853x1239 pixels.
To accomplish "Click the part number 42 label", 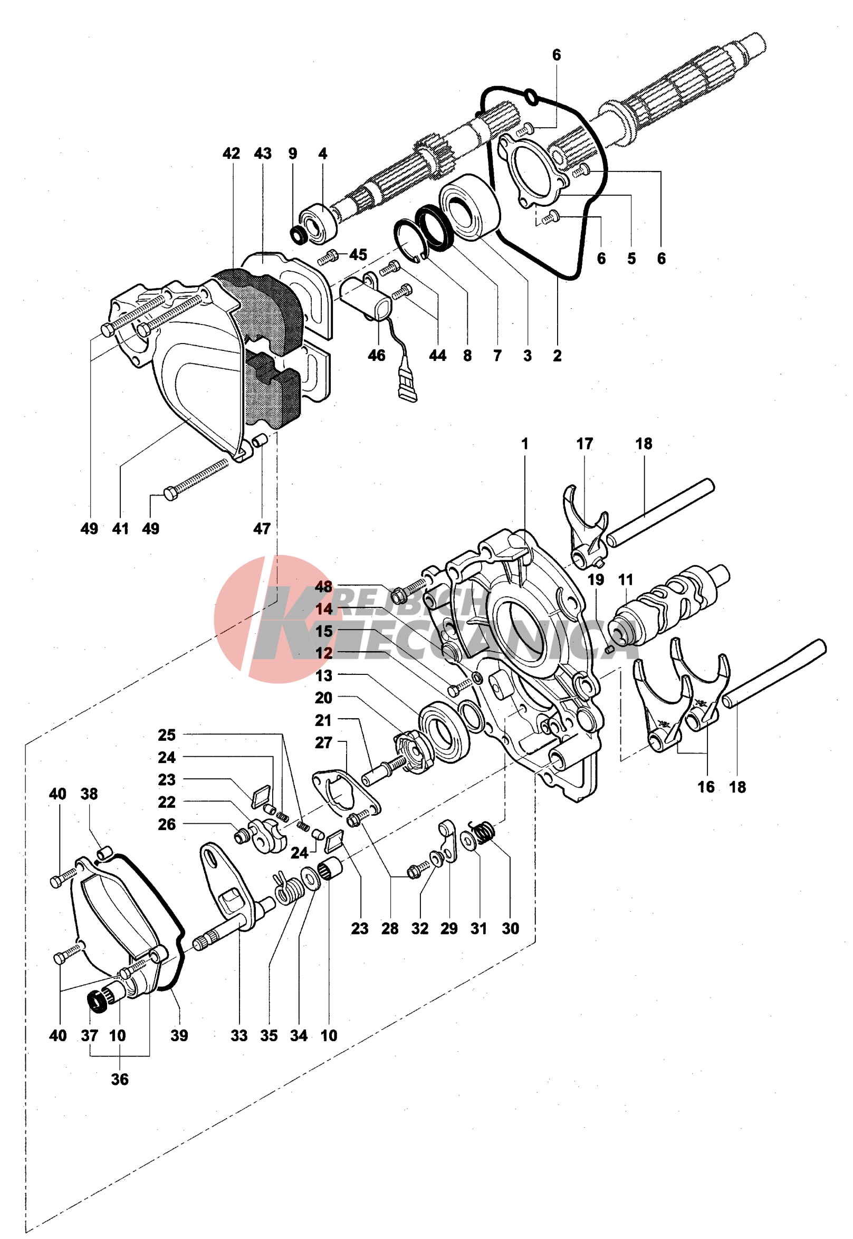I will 231,154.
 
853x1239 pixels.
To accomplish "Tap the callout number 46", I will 377,356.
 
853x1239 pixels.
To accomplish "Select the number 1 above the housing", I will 525,444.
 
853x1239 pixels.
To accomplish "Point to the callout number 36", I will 120,1079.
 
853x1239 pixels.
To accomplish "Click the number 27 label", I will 323,742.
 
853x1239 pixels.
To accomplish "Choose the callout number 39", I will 179,1035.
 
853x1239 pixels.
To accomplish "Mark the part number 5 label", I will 632,259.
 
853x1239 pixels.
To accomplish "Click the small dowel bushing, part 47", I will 260,442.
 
